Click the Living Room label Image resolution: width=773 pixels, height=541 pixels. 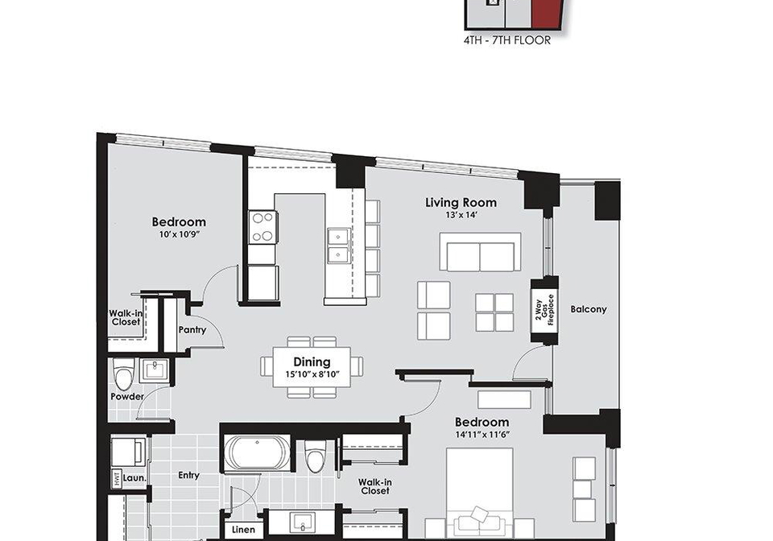[x=461, y=203]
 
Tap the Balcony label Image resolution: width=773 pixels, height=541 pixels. [x=588, y=309]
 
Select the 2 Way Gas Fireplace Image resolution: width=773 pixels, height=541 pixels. [x=544, y=311]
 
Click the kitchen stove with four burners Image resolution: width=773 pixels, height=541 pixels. [x=262, y=227]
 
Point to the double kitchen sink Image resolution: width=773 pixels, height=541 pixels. [x=339, y=246]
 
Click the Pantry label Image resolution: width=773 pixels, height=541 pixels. [x=192, y=330]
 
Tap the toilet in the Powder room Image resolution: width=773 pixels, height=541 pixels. [x=122, y=374]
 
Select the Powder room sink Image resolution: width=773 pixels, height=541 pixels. [x=154, y=370]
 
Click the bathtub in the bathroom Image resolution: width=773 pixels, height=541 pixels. [x=258, y=452]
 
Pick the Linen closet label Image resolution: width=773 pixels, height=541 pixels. [x=243, y=530]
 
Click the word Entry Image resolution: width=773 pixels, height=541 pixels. [x=188, y=476]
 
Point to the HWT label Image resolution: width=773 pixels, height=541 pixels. [x=117, y=478]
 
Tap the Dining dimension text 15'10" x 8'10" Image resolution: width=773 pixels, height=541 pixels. [x=312, y=374]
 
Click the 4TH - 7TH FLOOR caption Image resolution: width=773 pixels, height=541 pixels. [x=506, y=41]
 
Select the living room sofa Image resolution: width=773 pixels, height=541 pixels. [x=480, y=252]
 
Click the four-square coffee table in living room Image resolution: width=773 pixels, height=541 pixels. [x=494, y=312]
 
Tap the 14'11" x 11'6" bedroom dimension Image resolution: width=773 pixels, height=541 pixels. [x=482, y=435]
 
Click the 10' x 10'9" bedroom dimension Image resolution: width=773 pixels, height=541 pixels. [x=179, y=235]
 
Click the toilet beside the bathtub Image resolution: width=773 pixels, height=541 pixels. [x=315, y=456]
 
